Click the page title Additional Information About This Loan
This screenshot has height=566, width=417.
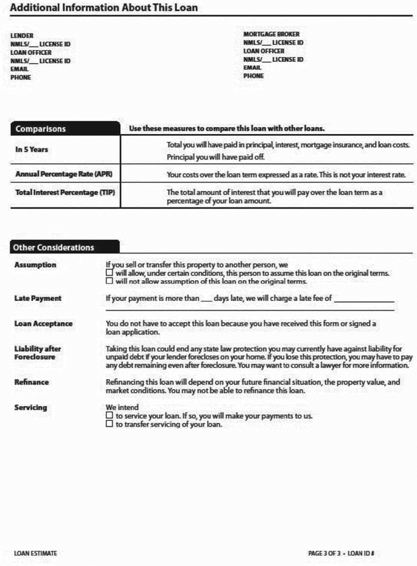pos(104,8)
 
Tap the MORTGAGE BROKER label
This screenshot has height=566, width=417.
pos(272,34)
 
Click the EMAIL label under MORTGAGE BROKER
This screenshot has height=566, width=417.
pos(252,68)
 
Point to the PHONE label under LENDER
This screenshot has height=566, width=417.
pos(21,78)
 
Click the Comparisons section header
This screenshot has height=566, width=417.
pos(40,128)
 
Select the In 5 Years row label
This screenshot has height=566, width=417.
pos(32,149)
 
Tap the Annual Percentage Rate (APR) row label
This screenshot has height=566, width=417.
pos(63,174)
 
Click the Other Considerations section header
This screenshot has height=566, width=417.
pos(55,247)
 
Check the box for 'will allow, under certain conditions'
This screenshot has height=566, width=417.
pos(109,273)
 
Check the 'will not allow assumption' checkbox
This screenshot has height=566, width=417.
pos(109,281)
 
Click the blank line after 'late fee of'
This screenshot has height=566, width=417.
pos(364,299)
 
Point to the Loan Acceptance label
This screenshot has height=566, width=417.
pos(43,324)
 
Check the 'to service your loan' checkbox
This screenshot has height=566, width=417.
pos(109,416)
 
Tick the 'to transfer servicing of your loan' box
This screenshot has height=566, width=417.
pos(109,424)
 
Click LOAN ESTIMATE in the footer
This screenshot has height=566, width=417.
pos(36,553)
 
